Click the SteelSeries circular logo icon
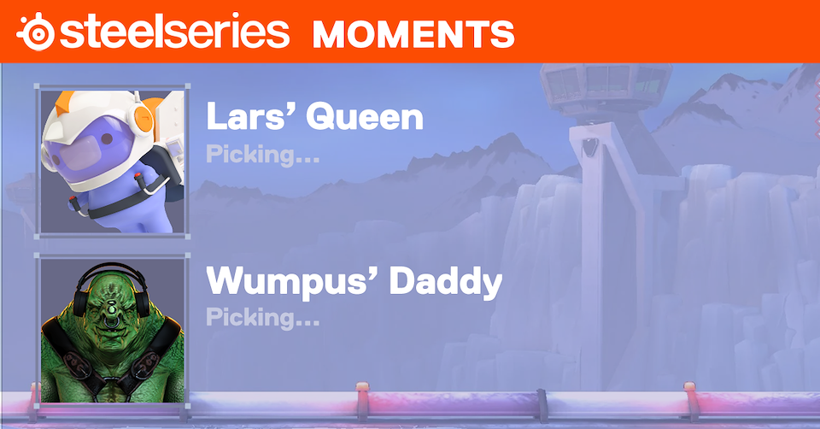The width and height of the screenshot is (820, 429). [x=36, y=32]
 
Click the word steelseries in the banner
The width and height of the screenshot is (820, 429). [x=174, y=31]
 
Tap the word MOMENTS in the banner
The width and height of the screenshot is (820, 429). [x=413, y=34]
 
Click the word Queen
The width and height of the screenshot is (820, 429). [x=365, y=117]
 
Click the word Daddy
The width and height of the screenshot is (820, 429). [x=446, y=283]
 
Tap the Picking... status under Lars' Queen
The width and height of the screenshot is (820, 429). [x=262, y=155]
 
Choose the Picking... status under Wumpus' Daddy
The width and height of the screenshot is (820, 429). [x=262, y=317]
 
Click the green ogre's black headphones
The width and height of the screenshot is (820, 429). [x=111, y=285]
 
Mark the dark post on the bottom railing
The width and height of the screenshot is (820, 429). [x=543, y=405]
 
